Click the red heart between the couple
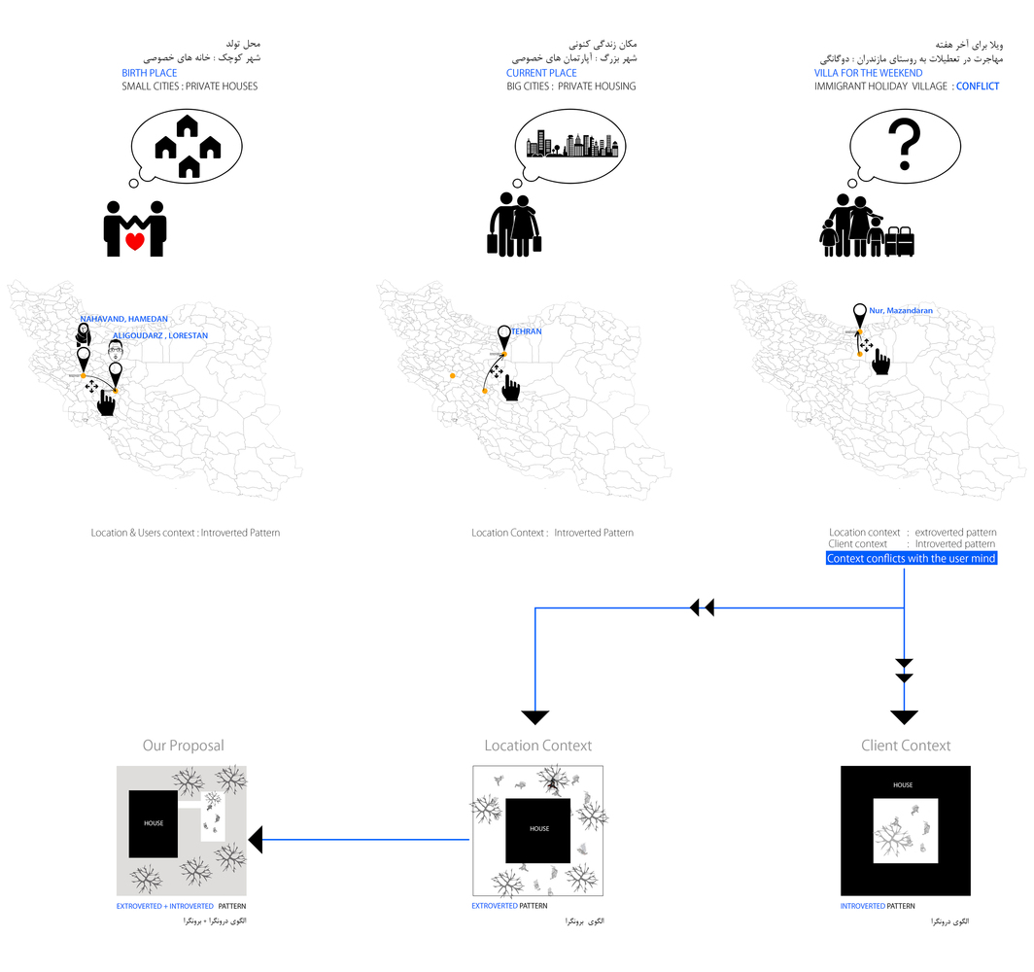point(136,240)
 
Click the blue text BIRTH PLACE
point(149,73)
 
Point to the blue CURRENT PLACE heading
point(541,73)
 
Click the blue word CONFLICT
point(977,87)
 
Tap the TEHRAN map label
point(526,331)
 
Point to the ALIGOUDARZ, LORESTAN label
point(160,335)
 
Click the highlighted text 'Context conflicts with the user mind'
point(912,559)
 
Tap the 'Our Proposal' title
point(183,746)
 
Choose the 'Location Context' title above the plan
point(537,746)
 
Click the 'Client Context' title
point(906,746)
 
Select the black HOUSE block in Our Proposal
point(153,823)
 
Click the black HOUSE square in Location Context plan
point(538,829)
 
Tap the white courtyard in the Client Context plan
point(905,831)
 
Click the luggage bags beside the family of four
point(901,241)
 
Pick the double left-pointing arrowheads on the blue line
point(702,607)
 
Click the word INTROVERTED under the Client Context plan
point(862,906)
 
